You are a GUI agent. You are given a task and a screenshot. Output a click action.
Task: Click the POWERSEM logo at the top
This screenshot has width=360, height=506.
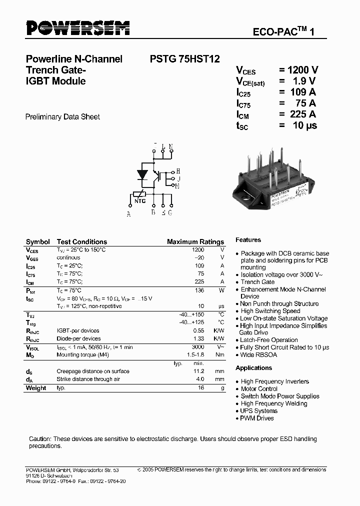[x=77, y=28]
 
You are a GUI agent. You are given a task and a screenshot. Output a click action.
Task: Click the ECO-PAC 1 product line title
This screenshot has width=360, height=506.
[x=283, y=32]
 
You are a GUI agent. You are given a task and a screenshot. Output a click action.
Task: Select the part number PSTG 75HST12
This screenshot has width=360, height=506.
[x=185, y=59]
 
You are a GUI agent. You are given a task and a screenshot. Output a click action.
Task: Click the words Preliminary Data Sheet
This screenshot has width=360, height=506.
[x=62, y=117]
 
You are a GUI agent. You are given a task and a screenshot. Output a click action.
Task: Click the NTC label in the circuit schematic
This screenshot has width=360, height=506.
[x=140, y=201]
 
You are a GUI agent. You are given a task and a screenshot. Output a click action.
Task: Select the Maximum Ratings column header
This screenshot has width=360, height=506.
[x=195, y=242]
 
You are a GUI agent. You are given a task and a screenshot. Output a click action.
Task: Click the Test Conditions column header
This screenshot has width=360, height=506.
[x=82, y=242]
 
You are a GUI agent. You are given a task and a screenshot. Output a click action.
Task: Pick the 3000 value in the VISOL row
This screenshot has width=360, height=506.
[x=198, y=346]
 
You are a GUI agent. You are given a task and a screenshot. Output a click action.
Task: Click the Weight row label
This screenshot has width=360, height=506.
[x=36, y=388]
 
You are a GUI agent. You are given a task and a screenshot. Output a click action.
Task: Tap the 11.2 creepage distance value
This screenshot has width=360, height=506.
[x=198, y=371]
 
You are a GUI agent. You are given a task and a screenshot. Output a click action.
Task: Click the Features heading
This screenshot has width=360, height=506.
[x=248, y=240]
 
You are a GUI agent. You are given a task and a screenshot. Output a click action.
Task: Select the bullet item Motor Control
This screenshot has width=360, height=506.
[x=259, y=389]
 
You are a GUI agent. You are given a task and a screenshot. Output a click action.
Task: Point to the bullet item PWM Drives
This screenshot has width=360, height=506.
[x=257, y=418]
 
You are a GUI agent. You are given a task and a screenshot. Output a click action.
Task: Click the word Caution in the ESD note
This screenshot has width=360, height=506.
[x=40, y=439]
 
